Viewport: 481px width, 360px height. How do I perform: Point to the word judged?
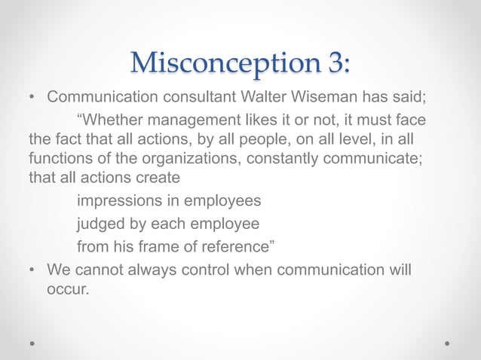coord(101,224)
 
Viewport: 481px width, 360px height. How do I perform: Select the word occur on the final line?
coord(67,288)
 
